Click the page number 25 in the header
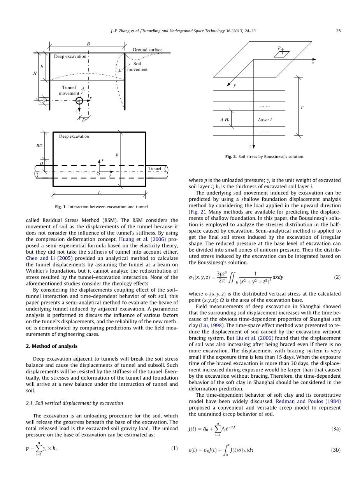pos(338,31)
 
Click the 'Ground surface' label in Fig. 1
pos(148,50)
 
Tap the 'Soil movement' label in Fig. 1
pos(137,67)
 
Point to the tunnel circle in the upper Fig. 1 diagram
pos(79,101)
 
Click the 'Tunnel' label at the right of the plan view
pos(155,169)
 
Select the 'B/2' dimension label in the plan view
pos(39,146)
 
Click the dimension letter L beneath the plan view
pos(99,193)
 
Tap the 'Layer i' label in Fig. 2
pos(265,119)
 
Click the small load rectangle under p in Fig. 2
pos(281,54)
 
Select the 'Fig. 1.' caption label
pos(61,207)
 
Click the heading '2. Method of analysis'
pos(52,346)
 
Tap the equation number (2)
pos(337,277)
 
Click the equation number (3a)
pos(336,429)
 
